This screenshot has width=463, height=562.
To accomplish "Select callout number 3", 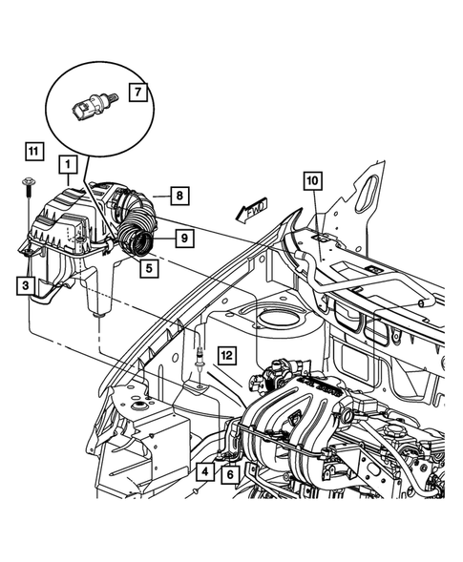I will coord(24,284).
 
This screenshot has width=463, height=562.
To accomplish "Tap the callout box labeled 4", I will coord(205,472).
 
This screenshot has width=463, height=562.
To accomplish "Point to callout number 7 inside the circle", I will coord(137,93).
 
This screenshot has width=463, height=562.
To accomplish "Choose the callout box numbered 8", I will coord(178,196).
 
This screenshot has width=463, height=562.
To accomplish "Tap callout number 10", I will coord(313,179).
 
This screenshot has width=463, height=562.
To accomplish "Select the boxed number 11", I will coord(34,151).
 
